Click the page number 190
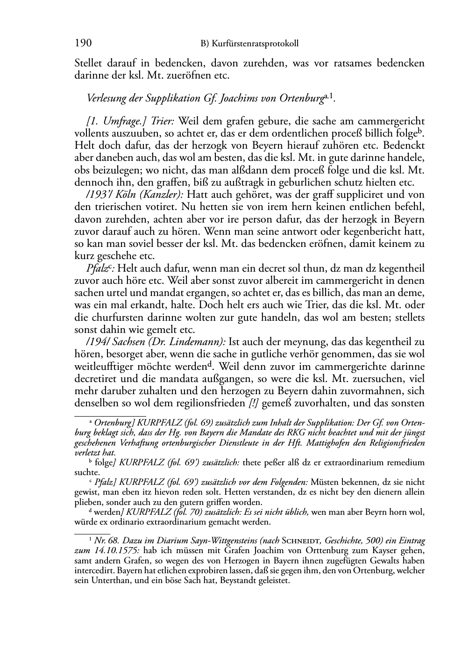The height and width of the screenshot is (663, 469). point(83,43)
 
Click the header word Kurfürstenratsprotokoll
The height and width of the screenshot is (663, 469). point(255,44)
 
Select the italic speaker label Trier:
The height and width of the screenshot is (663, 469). point(162,121)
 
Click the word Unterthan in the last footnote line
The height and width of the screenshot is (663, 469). point(110,581)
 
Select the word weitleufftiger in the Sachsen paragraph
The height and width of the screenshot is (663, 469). point(104,366)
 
